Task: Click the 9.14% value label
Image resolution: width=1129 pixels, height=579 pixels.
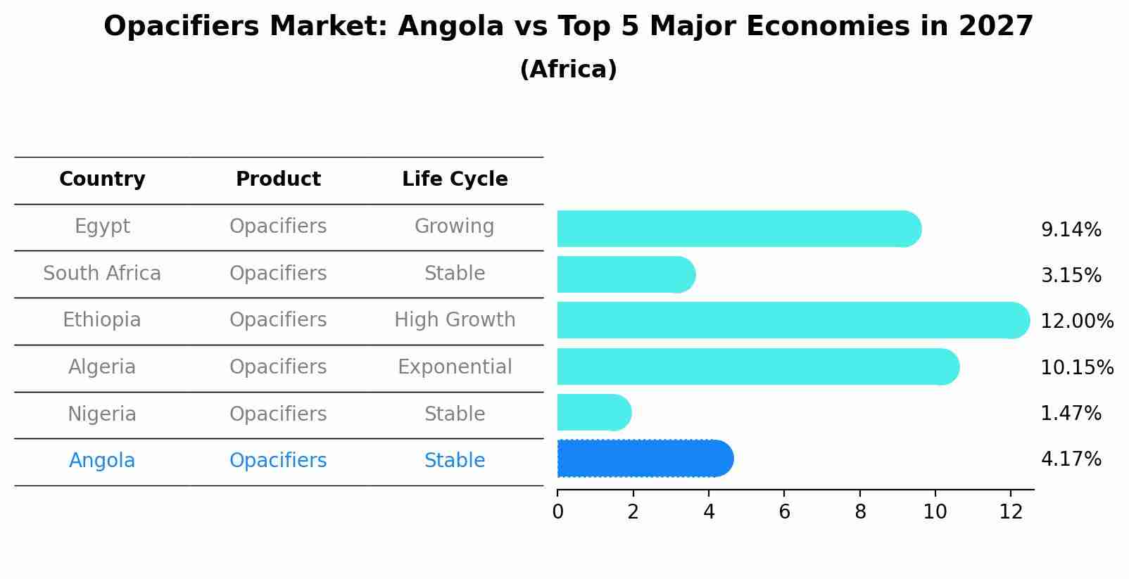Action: (1071, 230)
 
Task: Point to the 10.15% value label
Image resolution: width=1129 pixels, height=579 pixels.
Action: (1076, 367)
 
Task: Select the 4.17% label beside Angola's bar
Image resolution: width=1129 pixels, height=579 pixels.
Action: (1071, 459)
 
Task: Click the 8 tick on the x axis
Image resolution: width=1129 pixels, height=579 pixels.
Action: (859, 513)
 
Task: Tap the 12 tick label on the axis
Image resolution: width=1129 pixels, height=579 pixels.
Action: (1010, 513)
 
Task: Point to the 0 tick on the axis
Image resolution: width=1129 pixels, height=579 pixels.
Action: (557, 513)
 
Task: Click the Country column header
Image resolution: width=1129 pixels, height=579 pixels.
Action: (102, 179)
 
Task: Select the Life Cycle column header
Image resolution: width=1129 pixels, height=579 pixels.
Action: (455, 179)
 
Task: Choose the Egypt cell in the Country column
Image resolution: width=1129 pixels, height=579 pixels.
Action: (102, 227)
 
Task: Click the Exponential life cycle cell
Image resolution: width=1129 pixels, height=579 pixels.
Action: (455, 367)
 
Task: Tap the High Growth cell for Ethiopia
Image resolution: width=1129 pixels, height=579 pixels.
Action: (455, 320)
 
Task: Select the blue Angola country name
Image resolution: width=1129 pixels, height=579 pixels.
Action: (102, 461)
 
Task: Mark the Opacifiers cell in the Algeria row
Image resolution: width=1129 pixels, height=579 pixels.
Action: (278, 367)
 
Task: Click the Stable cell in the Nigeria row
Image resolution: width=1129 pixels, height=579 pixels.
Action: (455, 414)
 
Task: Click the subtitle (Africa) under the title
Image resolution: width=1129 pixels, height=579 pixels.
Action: (568, 70)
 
